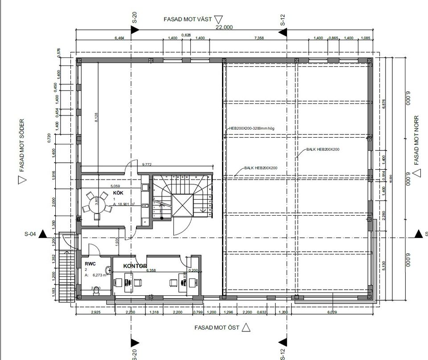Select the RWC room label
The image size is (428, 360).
click(x=90, y=263)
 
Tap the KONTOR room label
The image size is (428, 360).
click(x=135, y=266)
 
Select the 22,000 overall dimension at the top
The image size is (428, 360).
click(x=224, y=27)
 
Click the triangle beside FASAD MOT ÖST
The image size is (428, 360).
click(x=246, y=327)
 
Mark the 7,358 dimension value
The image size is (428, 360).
click(x=259, y=38)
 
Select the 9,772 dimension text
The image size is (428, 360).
click(x=147, y=164)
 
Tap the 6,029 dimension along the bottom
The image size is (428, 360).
click(x=332, y=312)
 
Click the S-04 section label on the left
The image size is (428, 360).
click(x=30, y=234)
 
